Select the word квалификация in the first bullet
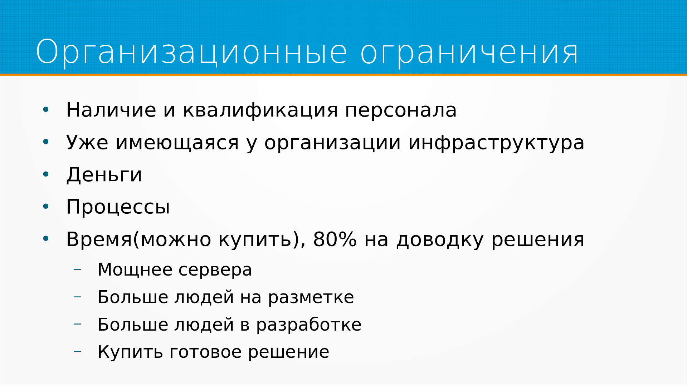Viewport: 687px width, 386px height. point(260,110)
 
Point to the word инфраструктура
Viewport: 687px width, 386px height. point(496,143)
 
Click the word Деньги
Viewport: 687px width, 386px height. point(104,175)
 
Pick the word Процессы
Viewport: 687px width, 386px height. point(118,207)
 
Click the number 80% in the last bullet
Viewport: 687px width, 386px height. point(335,239)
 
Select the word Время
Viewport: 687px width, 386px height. point(99,239)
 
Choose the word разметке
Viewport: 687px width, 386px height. point(311,298)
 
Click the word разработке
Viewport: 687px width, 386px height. point(309,325)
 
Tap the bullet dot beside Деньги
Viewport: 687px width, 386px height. point(45,174)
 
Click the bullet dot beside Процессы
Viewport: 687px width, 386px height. point(45,207)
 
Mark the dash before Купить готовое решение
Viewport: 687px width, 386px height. point(77,352)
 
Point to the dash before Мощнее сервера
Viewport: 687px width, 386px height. point(77,269)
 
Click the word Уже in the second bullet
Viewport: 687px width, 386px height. point(87,143)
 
